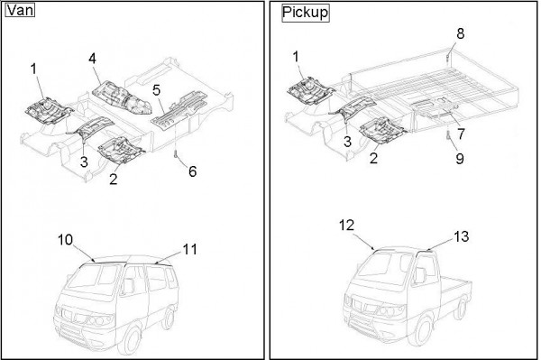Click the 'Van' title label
point(20,10)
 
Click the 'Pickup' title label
point(306,13)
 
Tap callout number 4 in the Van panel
point(92,59)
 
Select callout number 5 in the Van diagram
point(156,90)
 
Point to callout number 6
point(193,171)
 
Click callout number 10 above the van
point(65,239)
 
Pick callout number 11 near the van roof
point(189,249)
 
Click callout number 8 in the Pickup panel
point(460,33)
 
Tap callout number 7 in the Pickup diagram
point(461,134)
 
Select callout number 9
point(460,159)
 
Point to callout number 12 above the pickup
point(346,225)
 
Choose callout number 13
point(461,236)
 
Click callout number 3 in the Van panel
point(84,162)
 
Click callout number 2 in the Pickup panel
point(373,158)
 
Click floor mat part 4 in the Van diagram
point(122,97)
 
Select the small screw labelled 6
point(176,154)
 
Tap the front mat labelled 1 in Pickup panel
point(310,91)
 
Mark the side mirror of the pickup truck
point(420,275)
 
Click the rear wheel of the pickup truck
point(461,309)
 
